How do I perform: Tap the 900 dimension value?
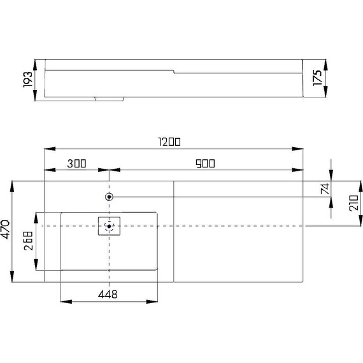pyautogui.click(x=205, y=164)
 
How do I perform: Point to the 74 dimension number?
pyautogui.click(x=324, y=189)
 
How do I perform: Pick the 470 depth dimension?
pyautogui.click(x=6, y=230)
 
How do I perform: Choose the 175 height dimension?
pyautogui.click(x=317, y=78)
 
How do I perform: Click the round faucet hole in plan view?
pyautogui.click(x=110, y=197)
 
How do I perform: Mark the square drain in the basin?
pyautogui.click(x=109, y=226)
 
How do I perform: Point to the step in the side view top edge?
pyautogui.click(x=174, y=71)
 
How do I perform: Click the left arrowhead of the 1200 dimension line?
pyautogui.click(x=46, y=150)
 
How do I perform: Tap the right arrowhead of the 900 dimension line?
pyautogui.click(x=299, y=170)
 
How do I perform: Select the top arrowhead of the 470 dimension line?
pyautogui.click(x=12, y=183)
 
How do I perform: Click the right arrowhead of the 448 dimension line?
pyautogui.click(x=155, y=301)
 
